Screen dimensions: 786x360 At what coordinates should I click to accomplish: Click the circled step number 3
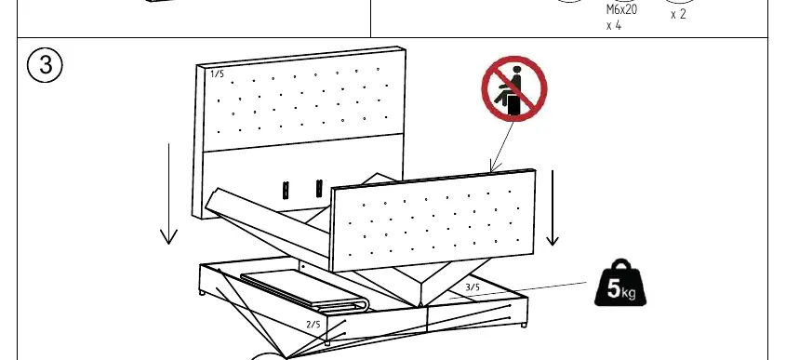46,65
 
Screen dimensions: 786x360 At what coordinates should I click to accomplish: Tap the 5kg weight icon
620,284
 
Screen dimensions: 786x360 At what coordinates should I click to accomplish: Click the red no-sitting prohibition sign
513,88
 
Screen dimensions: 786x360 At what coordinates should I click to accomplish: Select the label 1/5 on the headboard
217,74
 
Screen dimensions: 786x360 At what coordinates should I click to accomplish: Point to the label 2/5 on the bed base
313,325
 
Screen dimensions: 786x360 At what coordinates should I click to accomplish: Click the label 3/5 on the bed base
473,287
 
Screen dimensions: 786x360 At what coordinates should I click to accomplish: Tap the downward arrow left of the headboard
169,194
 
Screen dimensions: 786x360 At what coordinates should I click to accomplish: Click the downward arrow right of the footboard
553,207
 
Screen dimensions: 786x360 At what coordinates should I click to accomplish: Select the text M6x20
621,10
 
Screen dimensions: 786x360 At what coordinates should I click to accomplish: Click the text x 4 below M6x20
614,25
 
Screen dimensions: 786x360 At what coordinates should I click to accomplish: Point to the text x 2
678,15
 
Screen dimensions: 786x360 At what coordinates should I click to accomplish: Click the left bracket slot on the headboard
286,190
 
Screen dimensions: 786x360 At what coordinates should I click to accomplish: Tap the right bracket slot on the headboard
319,188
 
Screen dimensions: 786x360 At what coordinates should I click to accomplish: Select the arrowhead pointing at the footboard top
494,166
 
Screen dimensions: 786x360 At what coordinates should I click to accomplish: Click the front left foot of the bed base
202,292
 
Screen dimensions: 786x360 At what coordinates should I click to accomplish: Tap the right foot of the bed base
524,325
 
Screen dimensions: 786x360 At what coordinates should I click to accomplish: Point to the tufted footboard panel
433,220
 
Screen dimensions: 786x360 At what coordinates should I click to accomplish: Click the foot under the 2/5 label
327,343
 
